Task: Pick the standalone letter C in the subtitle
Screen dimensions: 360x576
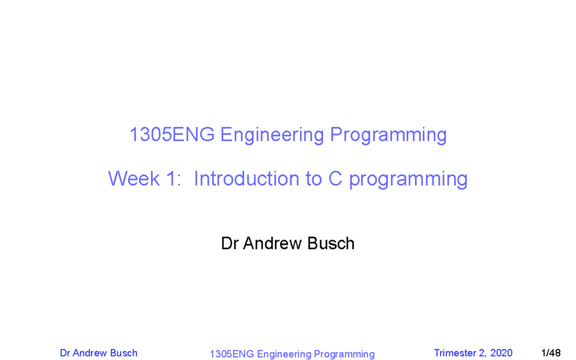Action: (335, 179)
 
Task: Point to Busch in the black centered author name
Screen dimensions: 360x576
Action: (331, 244)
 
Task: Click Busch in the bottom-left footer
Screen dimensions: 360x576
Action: (124, 353)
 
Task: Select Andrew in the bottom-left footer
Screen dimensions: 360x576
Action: (91, 353)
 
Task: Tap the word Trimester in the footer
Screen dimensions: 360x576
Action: (456, 353)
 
